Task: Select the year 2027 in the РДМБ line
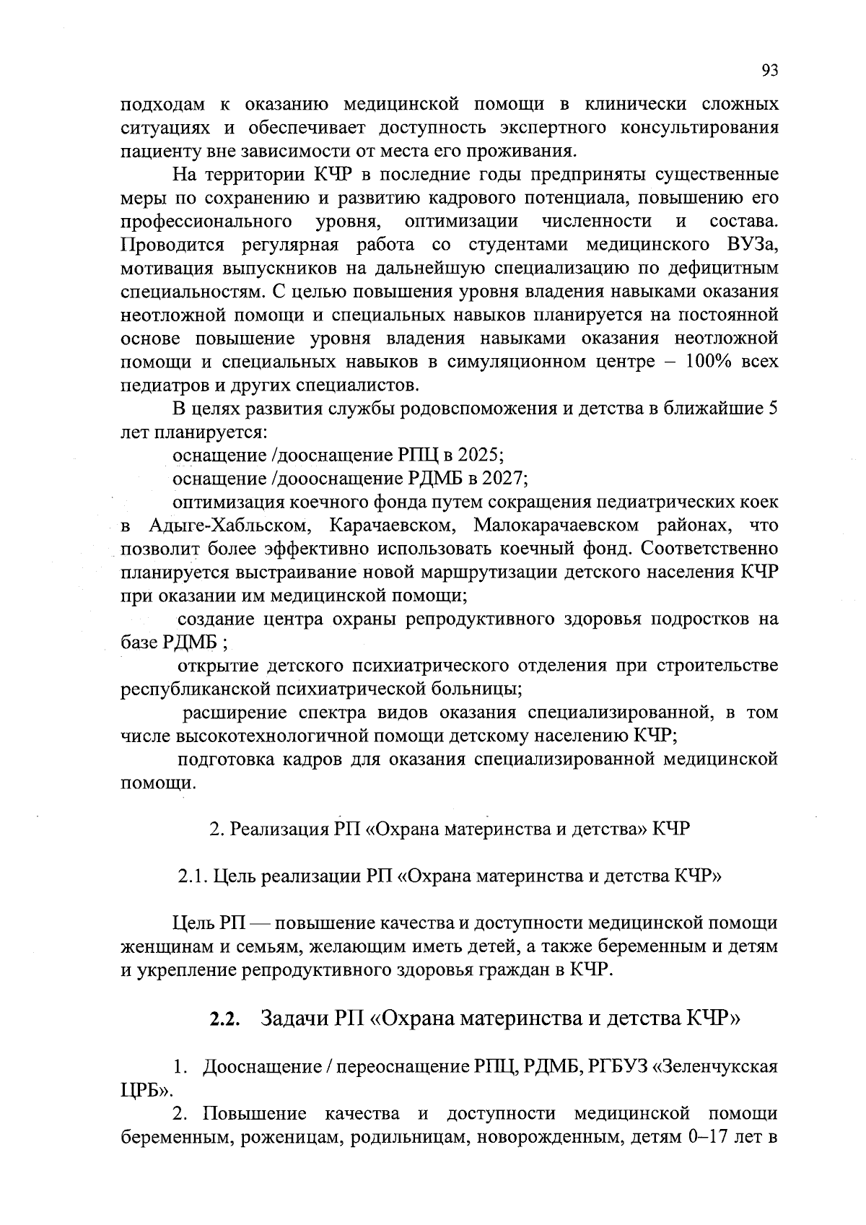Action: pyautogui.click(x=504, y=479)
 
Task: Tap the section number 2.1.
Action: pyautogui.click(x=193, y=876)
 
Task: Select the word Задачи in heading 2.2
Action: pyautogui.click(x=294, y=1019)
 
